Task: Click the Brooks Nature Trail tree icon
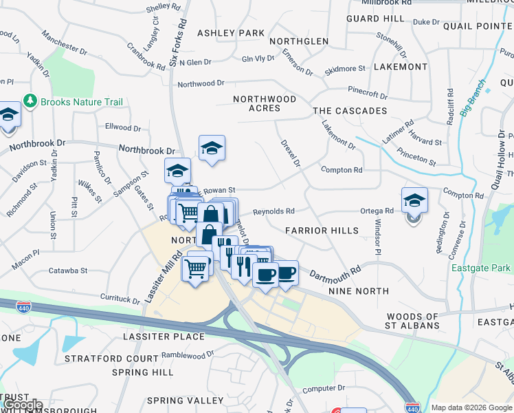click(x=30, y=101)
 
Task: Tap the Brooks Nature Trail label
click(x=81, y=102)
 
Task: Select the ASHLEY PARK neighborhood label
click(x=231, y=33)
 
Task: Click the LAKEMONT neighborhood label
click(x=401, y=67)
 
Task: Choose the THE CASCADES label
click(x=350, y=111)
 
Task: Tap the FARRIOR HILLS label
click(x=322, y=231)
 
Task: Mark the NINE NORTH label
click(x=359, y=292)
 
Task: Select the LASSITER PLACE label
click(x=164, y=337)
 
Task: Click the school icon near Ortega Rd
click(x=414, y=200)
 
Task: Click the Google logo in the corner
click(x=23, y=405)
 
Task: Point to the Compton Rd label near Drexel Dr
click(x=341, y=170)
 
